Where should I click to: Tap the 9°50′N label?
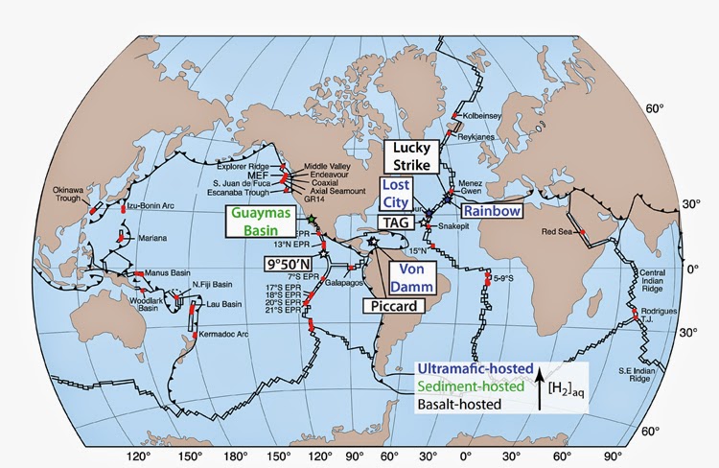(x=292, y=262)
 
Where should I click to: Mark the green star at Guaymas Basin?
(x=313, y=221)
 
